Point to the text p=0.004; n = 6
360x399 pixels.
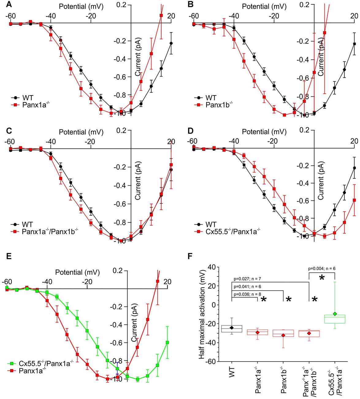[x=321, y=269]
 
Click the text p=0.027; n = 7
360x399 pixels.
[x=247, y=279]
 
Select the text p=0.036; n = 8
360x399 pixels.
[x=247, y=294]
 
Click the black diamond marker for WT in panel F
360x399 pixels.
[x=232, y=328]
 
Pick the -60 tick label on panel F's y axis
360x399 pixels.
[x=211, y=362]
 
